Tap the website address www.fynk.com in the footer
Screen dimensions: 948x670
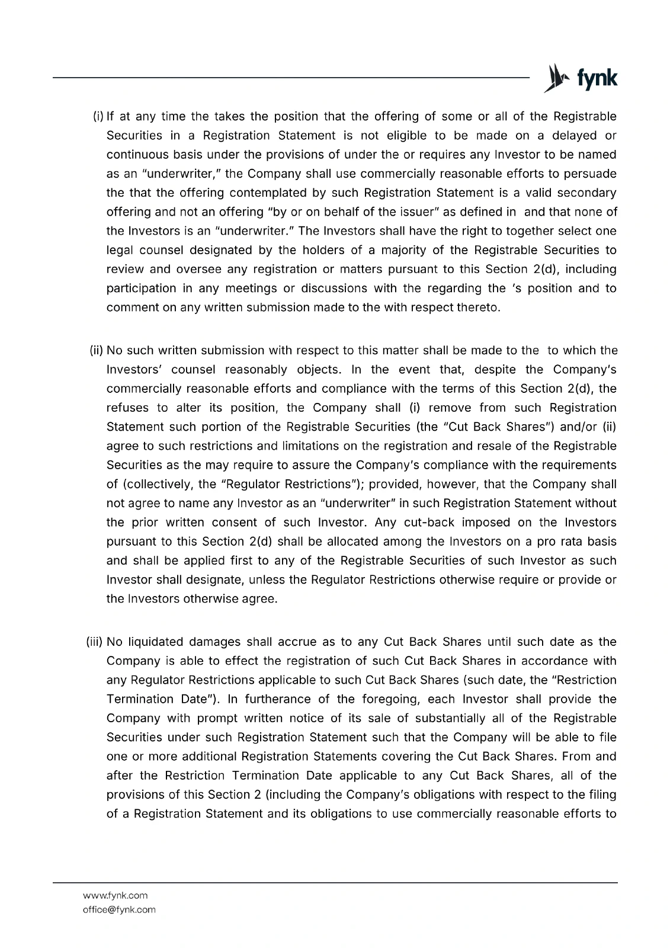tap(115, 895)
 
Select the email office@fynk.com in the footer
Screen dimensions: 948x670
tap(119, 909)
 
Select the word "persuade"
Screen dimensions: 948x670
tap(590, 174)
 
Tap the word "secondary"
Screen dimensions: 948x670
tap(586, 193)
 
